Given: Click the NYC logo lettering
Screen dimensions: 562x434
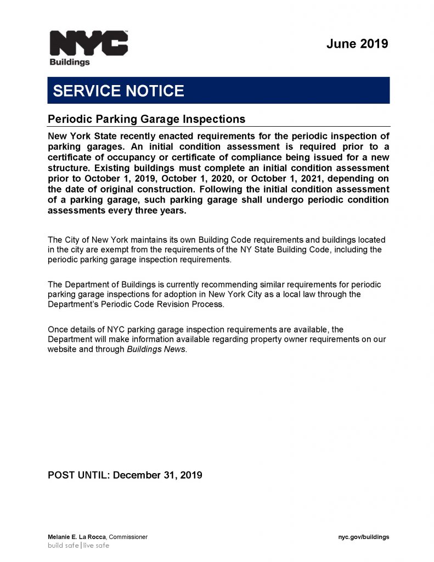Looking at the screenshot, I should click(88, 43).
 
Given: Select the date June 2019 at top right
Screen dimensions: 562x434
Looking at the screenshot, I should click(357, 44).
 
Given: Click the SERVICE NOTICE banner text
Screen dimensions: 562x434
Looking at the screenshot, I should click(119, 91).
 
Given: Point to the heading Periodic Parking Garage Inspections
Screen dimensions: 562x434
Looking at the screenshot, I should click(146, 119).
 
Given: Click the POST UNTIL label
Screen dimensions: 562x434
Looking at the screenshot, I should click(79, 475).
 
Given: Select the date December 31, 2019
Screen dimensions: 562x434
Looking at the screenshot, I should click(157, 475).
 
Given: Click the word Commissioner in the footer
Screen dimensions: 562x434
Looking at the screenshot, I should click(128, 537).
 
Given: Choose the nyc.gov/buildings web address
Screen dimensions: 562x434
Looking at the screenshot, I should click(363, 537).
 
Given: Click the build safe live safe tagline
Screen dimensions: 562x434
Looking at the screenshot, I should click(78, 546).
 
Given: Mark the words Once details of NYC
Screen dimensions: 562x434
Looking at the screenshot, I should click(82, 329).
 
